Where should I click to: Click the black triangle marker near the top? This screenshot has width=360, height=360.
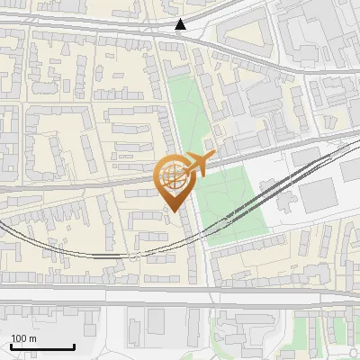coord(181,24)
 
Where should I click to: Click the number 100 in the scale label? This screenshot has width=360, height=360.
coord(20,338)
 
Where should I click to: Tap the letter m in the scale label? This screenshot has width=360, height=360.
coord(33,338)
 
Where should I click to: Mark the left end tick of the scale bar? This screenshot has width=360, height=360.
coord(11,346)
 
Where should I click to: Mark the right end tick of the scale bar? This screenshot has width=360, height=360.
coord(74,346)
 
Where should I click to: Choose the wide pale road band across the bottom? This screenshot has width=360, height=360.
coord(180,297)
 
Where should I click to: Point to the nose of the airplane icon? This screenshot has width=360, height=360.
coord(213,157)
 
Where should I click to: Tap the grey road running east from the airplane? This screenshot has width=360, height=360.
coord(270,150)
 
